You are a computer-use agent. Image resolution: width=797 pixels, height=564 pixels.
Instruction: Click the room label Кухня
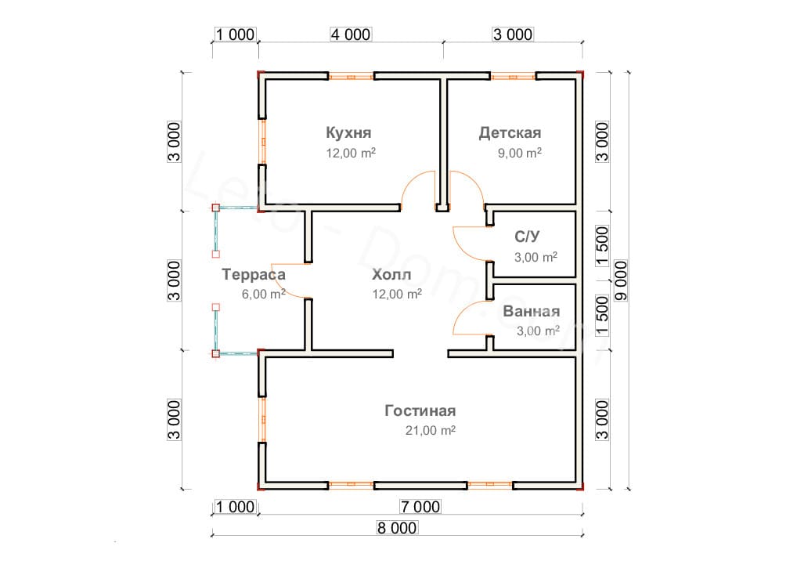(348, 132)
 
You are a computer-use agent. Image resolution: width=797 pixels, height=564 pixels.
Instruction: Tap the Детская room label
(510, 132)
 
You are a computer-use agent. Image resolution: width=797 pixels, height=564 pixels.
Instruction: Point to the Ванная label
(532, 310)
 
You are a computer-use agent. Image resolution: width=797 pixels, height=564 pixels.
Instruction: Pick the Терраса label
(254, 275)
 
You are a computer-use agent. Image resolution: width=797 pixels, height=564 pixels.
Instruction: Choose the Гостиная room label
(420, 410)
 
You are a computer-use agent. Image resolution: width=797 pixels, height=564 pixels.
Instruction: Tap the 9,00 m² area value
(520, 153)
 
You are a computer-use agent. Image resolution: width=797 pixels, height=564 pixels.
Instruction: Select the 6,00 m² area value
(264, 295)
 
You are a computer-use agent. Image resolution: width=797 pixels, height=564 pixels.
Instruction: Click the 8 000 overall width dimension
(396, 528)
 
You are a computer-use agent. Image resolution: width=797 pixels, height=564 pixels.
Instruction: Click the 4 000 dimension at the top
(350, 34)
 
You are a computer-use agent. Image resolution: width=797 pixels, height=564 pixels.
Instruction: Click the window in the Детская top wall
(514, 76)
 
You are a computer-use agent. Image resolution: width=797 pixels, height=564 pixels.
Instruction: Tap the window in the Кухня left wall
(263, 142)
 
